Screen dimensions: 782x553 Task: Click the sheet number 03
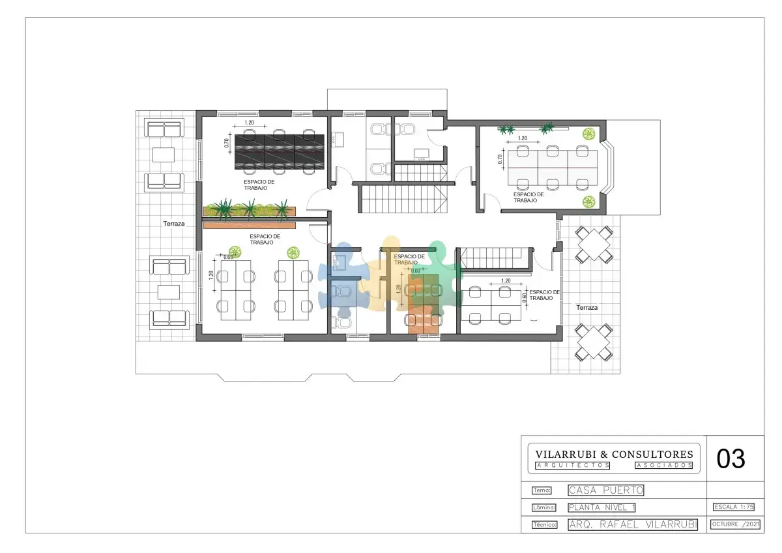[731, 458]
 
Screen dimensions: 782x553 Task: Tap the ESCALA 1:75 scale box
[734, 507]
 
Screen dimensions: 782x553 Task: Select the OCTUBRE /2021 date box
[735, 524]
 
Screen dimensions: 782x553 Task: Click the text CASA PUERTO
[605, 490]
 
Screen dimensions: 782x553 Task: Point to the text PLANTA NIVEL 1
[601, 507]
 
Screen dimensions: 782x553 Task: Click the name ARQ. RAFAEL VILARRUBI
[633, 524]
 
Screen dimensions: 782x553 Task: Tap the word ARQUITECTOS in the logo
[573, 466]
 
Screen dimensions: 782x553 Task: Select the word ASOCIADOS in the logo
[663, 466]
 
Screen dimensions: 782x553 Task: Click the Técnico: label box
[544, 525]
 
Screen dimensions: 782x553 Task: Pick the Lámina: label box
[544, 507]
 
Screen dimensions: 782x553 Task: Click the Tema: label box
[542, 490]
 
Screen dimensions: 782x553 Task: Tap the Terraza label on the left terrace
[174, 224]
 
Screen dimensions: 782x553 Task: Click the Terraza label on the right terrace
[587, 308]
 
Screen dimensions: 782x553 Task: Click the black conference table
[280, 152]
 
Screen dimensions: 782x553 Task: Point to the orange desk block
[423, 320]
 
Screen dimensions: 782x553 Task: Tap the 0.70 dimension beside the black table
[227, 143]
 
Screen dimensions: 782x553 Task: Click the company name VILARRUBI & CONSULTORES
[614, 454]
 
